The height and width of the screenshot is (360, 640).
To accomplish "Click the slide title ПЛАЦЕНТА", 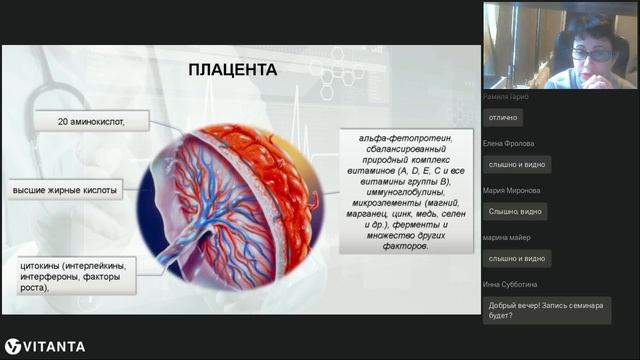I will click(x=233, y=70).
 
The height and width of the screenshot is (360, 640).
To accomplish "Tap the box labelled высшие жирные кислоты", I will click(x=66, y=189).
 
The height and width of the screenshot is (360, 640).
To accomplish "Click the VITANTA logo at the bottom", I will click(x=45, y=346).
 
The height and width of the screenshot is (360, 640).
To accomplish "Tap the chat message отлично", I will click(x=505, y=117).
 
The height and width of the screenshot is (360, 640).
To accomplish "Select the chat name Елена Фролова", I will click(x=508, y=143).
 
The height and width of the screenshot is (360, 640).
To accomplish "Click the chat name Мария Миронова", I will click(x=511, y=190).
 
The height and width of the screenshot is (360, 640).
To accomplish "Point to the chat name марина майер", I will click(x=506, y=237).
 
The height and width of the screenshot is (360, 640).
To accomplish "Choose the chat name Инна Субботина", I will click(x=511, y=284).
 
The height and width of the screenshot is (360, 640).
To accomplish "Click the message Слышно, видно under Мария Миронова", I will click(x=516, y=211).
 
